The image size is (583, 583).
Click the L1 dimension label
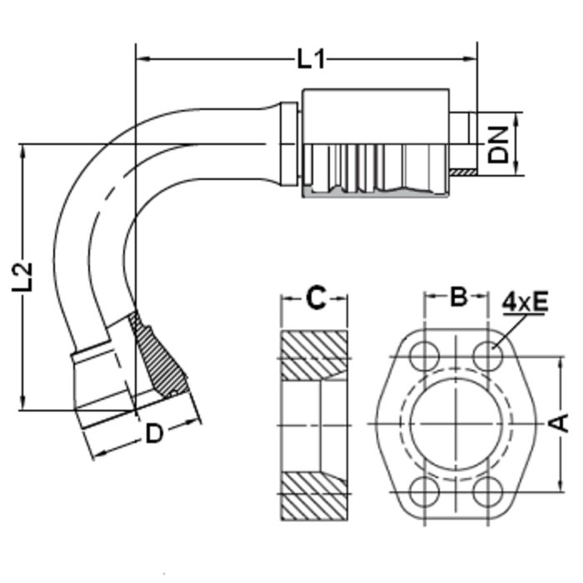311,59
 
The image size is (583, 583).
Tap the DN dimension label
498,143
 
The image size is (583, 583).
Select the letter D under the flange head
154,433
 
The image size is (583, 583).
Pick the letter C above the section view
315,297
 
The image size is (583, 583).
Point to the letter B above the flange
458,297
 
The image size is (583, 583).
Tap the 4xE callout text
526,302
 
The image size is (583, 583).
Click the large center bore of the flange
456,423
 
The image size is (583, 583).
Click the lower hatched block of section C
313,494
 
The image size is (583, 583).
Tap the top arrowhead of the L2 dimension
24,151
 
